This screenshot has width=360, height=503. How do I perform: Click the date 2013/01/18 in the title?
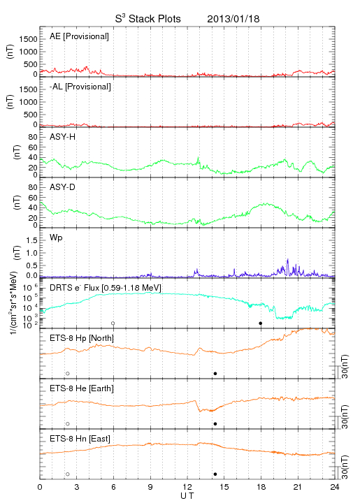pyautogui.click(x=233, y=19)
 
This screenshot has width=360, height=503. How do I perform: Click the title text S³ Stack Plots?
pyautogui.click(x=148, y=19)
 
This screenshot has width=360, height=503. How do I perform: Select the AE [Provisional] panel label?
pyautogui.click(x=79, y=36)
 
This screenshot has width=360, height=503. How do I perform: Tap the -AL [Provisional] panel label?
pyautogui.click(x=80, y=87)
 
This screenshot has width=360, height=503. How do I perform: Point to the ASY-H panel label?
pyautogui.click(x=63, y=137)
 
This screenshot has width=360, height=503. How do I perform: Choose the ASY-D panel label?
pyautogui.click(x=63, y=187)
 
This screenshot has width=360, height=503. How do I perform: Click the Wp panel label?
pyautogui.click(x=56, y=238)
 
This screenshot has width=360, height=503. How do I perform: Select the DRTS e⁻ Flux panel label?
pyautogui.click(x=106, y=287)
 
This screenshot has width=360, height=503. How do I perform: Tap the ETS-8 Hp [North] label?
pyautogui.click(x=82, y=338)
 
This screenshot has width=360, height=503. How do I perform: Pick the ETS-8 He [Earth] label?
pyautogui.click(x=82, y=388)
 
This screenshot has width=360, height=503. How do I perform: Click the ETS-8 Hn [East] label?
pyautogui.click(x=80, y=439)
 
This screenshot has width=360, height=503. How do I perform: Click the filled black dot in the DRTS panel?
pyautogui.click(x=261, y=323)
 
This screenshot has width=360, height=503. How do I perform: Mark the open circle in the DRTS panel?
pyautogui.click(x=113, y=323)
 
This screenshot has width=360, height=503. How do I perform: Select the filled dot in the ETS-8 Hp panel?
pyautogui.click(x=215, y=373)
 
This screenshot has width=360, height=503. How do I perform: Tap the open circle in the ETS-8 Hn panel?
pyautogui.click(x=67, y=474)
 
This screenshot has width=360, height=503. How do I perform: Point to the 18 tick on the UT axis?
pyautogui.click(x=261, y=487)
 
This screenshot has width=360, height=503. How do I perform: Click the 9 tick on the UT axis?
pyautogui.click(x=150, y=487)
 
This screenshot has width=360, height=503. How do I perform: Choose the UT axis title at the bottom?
pyautogui.click(x=187, y=496)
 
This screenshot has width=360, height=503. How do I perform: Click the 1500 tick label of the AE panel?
pyautogui.click(x=28, y=39)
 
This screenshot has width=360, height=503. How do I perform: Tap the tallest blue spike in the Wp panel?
pyautogui.click(x=287, y=267)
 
